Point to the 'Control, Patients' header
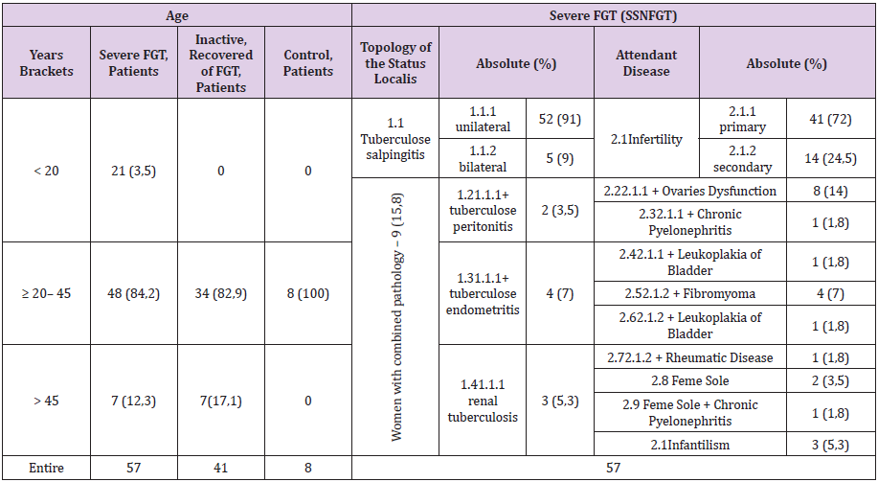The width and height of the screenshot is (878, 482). pyautogui.click(x=308, y=63)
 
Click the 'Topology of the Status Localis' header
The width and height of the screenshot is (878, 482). pyautogui.click(x=396, y=63)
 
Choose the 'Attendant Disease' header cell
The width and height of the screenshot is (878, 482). pyautogui.click(x=647, y=63)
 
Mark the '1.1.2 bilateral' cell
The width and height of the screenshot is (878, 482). pyautogui.click(x=483, y=158)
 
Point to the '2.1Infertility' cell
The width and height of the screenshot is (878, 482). pyautogui.click(x=647, y=139)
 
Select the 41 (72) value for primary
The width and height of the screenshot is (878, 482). pyautogui.click(x=829, y=119)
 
